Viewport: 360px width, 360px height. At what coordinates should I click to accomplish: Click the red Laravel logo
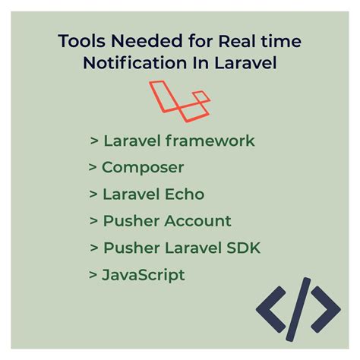click(x=179, y=101)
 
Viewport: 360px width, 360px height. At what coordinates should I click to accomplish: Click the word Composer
click(x=143, y=167)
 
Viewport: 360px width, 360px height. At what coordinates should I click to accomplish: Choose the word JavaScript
click(x=143, y=274)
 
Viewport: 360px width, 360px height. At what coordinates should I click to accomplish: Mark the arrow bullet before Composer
click(x=92, y=168)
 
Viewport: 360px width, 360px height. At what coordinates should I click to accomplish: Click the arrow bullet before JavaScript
click(x=92, y=275)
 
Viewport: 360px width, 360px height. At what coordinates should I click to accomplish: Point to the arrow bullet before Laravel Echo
click(x=92, y=194)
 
